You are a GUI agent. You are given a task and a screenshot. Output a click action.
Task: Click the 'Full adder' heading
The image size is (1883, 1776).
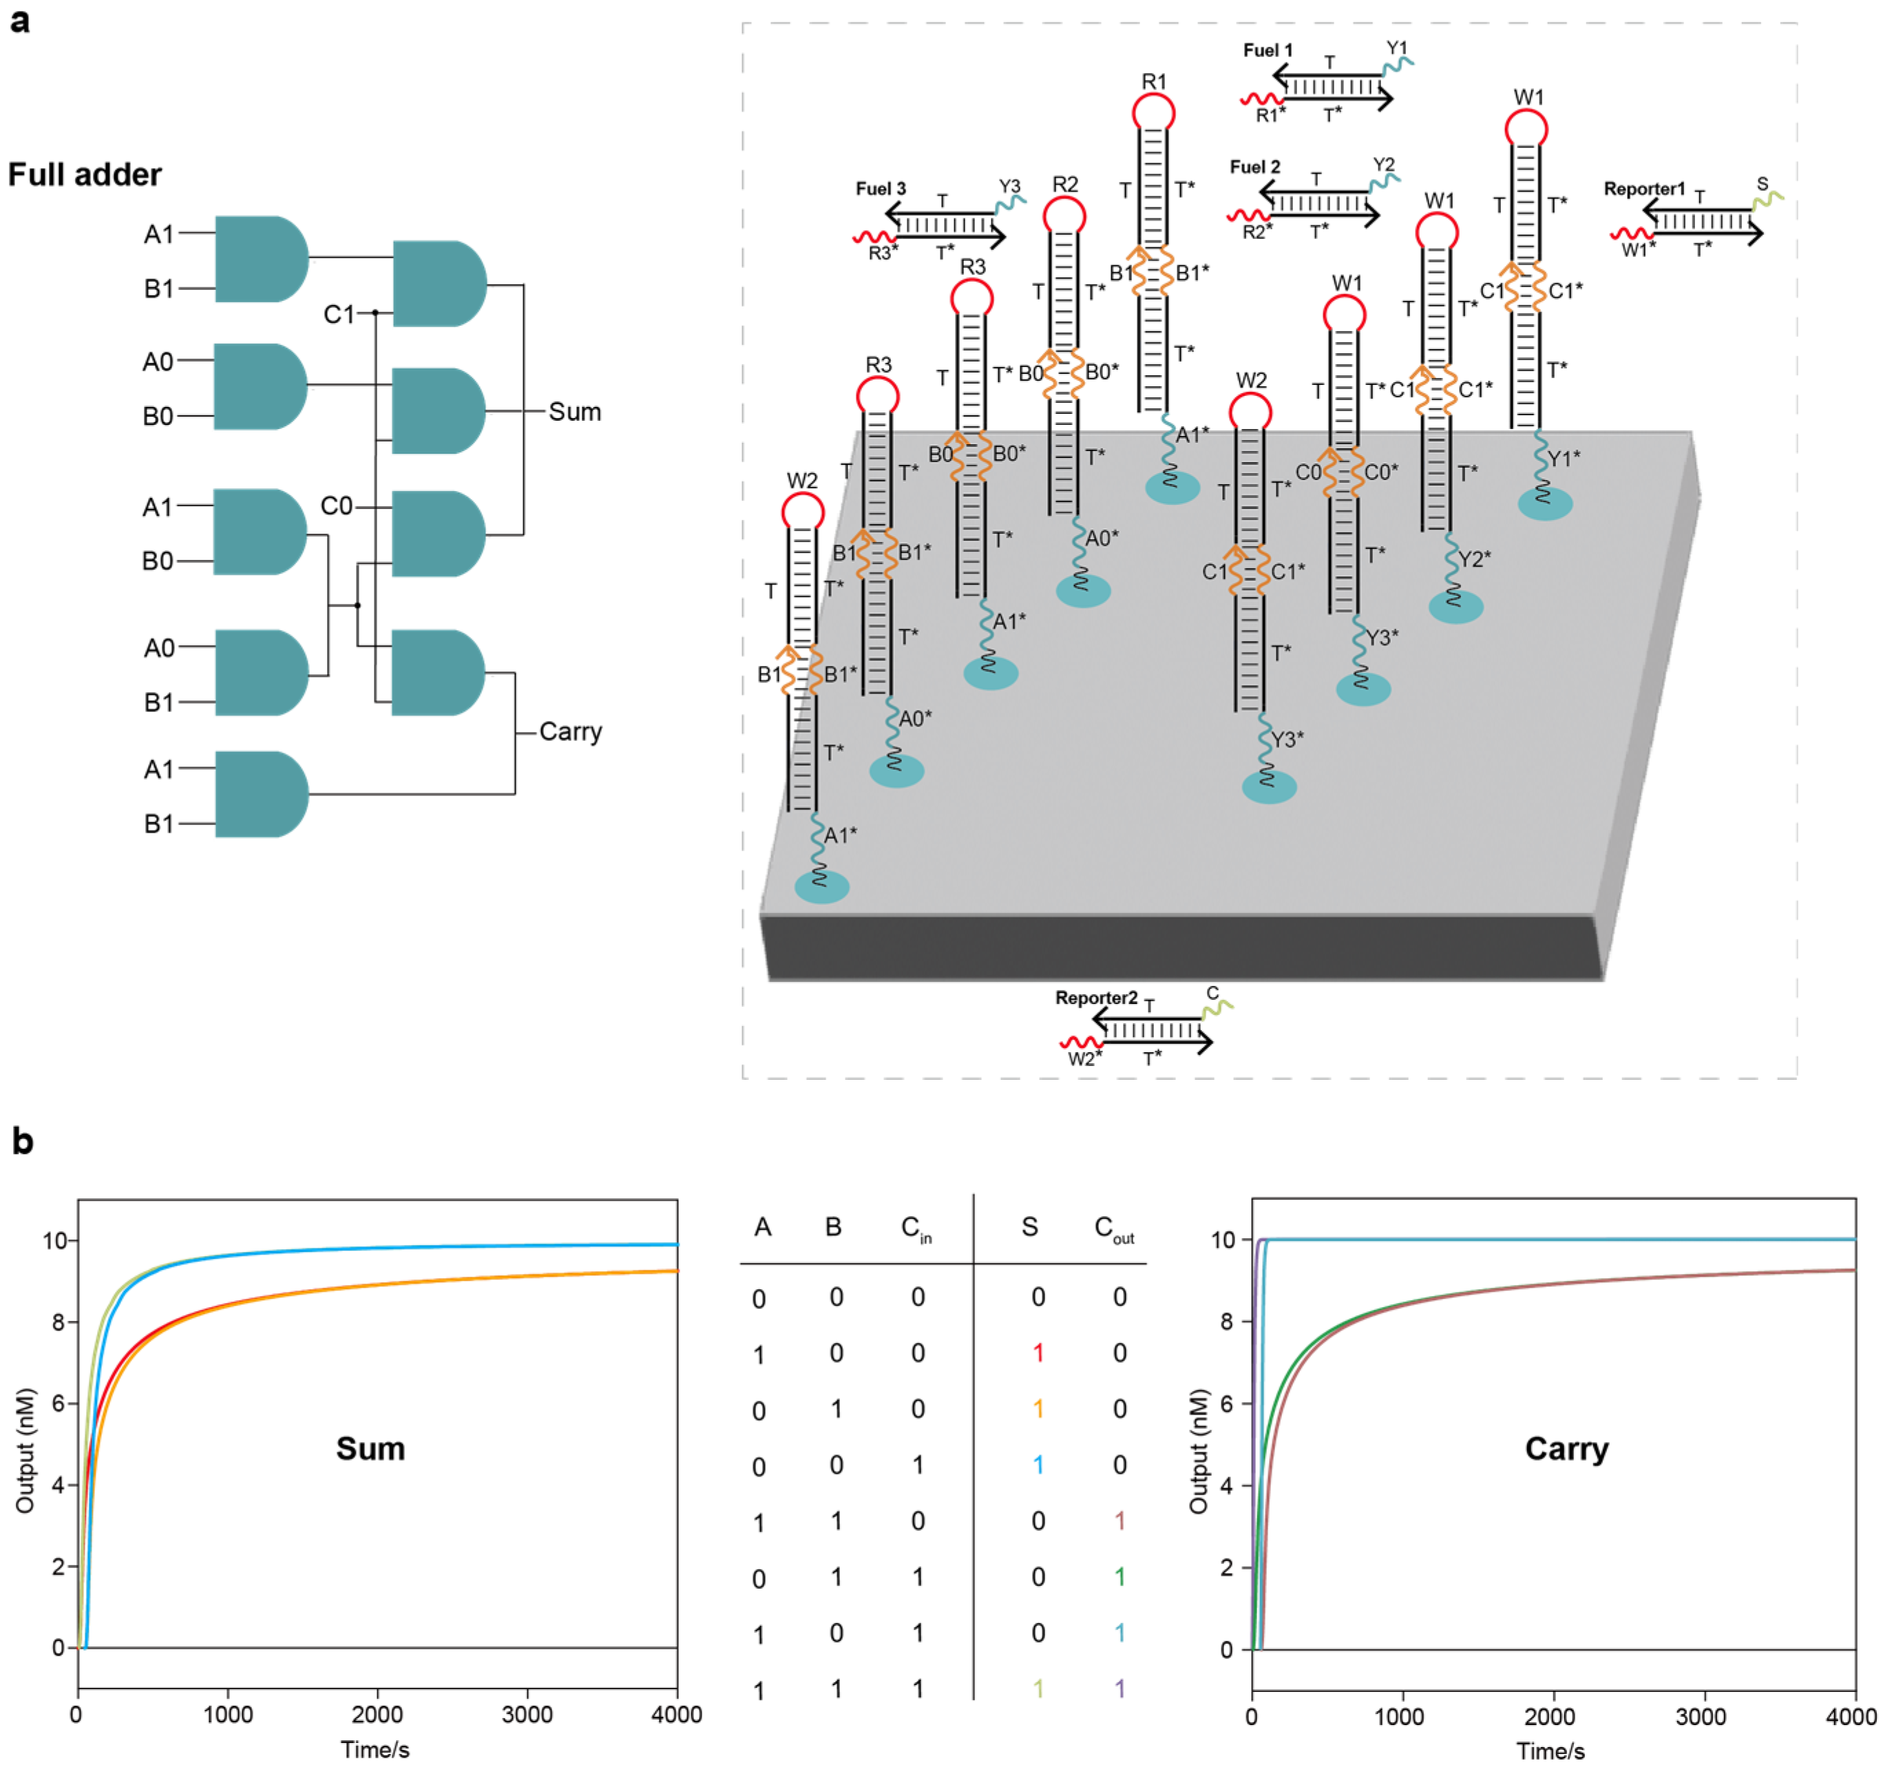(85, 175)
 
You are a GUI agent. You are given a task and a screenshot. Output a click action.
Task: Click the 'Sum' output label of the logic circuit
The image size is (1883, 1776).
(574, 412)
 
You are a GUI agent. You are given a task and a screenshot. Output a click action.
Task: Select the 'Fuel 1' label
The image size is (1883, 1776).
(1267, 50)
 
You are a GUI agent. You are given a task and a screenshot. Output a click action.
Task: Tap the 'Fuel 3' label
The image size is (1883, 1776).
(880, 189)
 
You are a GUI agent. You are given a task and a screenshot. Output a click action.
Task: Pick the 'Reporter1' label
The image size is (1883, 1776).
(1643, 189)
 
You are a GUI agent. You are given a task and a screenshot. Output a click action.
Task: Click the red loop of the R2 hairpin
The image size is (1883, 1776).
(1064, 217)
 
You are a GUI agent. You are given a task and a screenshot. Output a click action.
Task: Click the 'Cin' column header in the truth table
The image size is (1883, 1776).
(916, 1229)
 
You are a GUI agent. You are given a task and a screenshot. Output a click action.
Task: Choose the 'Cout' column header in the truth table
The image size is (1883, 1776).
(1113, 1229)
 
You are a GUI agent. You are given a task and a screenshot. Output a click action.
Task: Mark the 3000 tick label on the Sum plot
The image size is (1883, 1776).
(527, 1715)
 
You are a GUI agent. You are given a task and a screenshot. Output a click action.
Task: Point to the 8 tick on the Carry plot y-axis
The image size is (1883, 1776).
(1227, 1321)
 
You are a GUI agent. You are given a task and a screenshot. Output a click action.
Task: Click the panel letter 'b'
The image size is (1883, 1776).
(22, 1142)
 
